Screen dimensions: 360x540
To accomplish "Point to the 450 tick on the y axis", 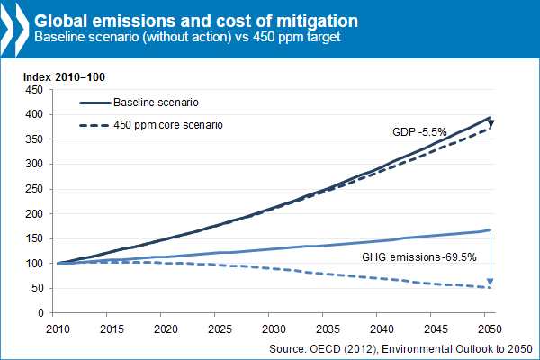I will click(34, 90).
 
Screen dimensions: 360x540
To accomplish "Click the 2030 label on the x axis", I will click(274, 328).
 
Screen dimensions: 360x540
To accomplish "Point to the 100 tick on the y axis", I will click(34, 264).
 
